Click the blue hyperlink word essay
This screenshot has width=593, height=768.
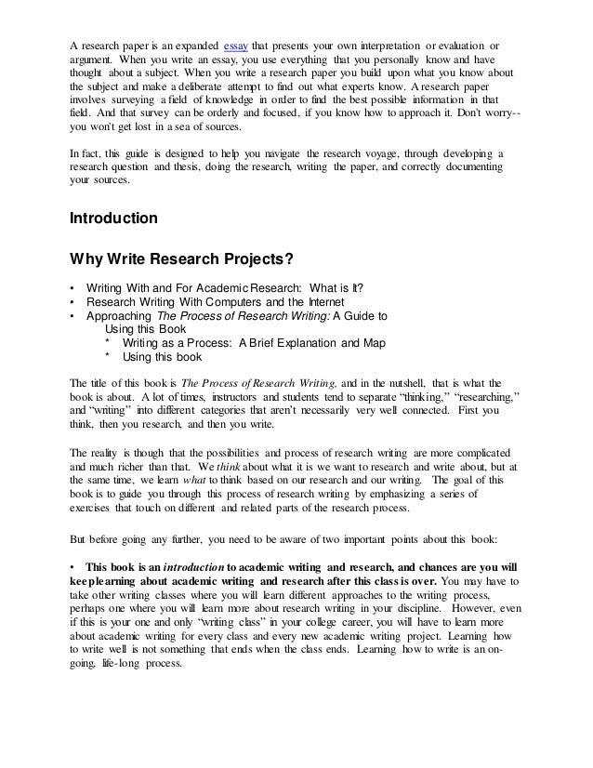click(x=237, y=47)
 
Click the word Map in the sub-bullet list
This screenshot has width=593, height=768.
click(x=374, y=342)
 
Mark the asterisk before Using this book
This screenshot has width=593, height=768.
click(x=110, y=356)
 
